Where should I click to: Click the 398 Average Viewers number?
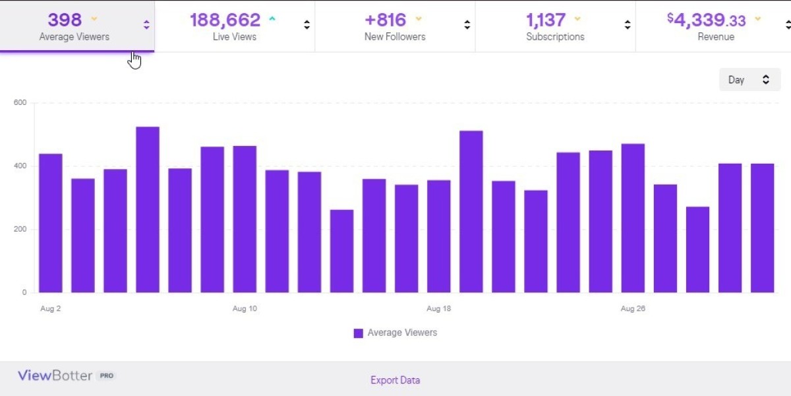(65, 20)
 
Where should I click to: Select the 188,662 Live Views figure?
(225, 20)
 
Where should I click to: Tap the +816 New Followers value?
(386, 20)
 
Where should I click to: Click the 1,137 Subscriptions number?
(546, 20)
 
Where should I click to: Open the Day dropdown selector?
(749, 80)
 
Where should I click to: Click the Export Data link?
(395, 380)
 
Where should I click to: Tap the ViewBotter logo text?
(55, 376)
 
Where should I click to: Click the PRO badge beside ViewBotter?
(106, 376)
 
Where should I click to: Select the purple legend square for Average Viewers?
(358, 333)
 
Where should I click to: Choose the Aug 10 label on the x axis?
(245, 309)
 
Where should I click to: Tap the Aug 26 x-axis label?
(632, 309)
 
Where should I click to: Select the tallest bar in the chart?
(148, 209)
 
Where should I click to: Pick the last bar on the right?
(762, 228)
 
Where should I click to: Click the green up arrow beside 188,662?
(272, 18)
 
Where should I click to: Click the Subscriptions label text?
(555, 37)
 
